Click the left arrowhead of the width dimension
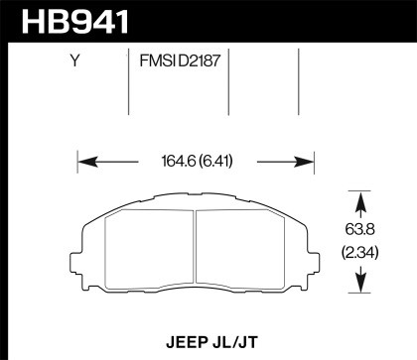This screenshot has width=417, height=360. coord(83,159)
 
